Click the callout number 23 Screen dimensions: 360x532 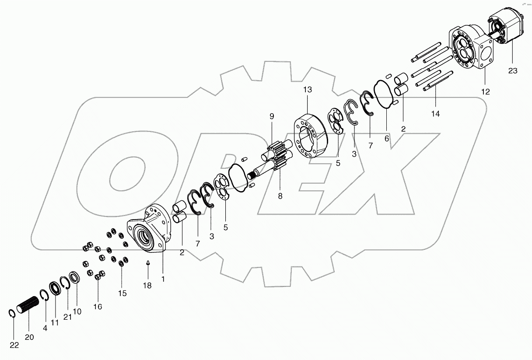pos(512,70)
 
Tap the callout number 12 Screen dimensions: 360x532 pos(485,92)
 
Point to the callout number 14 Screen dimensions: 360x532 pos(435,113)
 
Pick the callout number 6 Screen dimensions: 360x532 pos(387,138)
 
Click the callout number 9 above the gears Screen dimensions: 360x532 pos(272,116)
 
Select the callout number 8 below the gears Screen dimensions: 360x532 pos(280,196)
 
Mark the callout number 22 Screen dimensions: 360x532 pos(14,345)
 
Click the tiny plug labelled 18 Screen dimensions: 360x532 pos(148,263)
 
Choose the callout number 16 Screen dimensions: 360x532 pos(98,307)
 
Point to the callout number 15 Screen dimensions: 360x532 pos(122,293)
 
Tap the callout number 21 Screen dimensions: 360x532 pos(67,317)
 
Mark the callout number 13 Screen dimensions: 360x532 pos(308,90)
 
